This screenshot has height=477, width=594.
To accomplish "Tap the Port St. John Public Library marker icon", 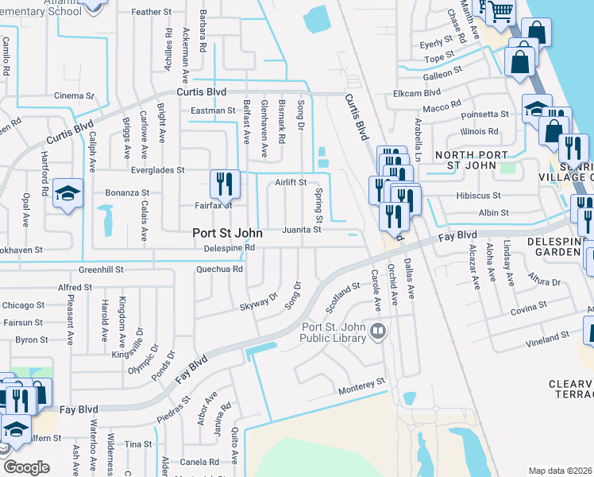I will pyautogui.click(x=379, y=331).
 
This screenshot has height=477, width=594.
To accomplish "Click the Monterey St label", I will pyautogui.click(x=361, y=382).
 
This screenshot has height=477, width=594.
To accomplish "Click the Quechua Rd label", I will pyautogui.click(x=220, y=269).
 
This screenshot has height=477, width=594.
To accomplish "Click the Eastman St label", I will pyautogui.click(x=213, y=111).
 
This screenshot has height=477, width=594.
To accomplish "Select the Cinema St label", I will pyautogui.click(x=75, y=96).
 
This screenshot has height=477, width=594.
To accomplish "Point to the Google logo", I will pyautogui.click(x=27, y=467).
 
